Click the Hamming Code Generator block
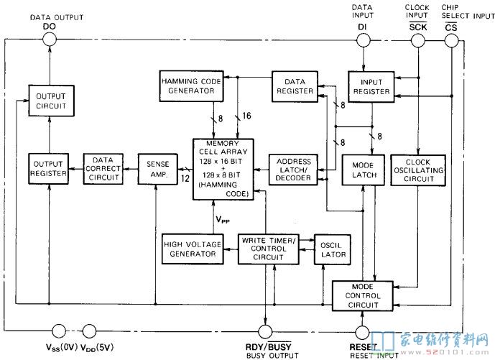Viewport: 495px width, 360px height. (x=191, y=86)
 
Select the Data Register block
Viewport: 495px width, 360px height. (x=295, y=86)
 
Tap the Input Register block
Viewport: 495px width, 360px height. (x=371, y=87)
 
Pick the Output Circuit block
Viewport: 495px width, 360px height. (x=51, y=101)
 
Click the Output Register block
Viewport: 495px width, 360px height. (x=48, y=169)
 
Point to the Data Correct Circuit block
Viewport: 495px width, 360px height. (x=103, y=169)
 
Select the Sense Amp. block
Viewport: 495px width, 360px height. (x=158, y=169)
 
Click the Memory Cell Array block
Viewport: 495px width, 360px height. (x=223, y=170)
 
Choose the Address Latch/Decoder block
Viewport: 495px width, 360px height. (x=293, y=170)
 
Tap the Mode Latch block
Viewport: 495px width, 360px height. (x=364, y=170)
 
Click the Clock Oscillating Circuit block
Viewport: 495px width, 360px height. (x=418, y=170)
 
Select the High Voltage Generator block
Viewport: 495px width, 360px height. (x=193, y=249)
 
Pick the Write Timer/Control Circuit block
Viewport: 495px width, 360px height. (x=269, y=249)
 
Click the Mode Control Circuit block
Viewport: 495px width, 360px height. (x=363, y=296)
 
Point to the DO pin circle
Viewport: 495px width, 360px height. (x=50, y=40)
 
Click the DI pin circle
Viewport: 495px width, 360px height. (x=364, y=40)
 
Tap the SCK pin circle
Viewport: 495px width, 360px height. (x=417, y=41)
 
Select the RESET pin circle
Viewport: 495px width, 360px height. (x=362, y=332)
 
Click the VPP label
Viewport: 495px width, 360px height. (x=223, y=220)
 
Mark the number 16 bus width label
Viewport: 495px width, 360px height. (x=246, y=116)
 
